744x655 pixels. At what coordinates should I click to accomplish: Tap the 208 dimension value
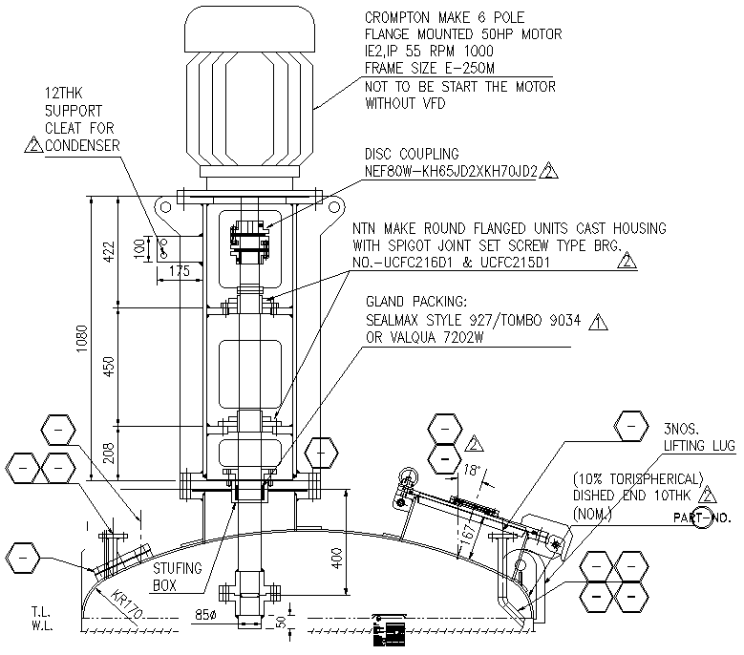(108, 452)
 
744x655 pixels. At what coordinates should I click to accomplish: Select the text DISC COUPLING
(412, 154)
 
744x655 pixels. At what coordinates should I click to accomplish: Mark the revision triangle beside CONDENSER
(33, 146)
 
